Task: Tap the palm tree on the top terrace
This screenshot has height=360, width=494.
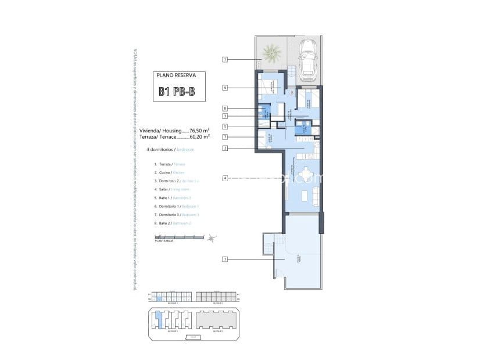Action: tap(271, 54)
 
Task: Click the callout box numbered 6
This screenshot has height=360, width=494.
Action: tap(225, 88)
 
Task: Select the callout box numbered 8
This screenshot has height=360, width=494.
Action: tap(225, 108)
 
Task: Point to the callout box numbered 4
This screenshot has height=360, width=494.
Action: tap(225, 178)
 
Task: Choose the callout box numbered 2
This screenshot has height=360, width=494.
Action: tap(225, 148)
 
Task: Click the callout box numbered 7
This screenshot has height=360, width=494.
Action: tap(225, 137)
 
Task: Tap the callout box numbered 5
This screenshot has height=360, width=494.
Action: tap(225, 127)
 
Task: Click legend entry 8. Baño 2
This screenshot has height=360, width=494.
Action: tap(173, 222)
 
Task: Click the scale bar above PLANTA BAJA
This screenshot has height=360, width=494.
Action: tap(179, 237)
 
